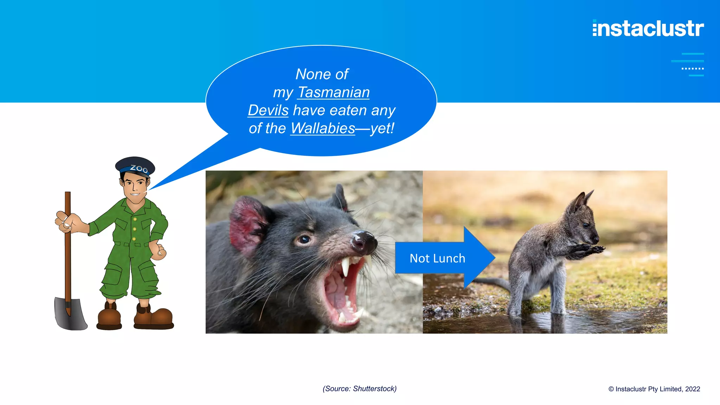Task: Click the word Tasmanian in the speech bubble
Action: [334, 92]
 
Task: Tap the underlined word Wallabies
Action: [323, 128]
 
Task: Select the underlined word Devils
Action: [268, 110]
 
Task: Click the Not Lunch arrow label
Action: [437, 258]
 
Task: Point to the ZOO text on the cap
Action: [139, 169]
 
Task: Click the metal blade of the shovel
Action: [70, 314]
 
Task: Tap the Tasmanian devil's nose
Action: [364, 242]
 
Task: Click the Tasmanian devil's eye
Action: [304, 240]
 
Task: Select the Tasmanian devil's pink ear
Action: [246, 225]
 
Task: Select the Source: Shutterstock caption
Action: [360, 389]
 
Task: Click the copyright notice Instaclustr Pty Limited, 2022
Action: [654, 389]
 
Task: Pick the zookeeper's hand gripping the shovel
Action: [67, 221]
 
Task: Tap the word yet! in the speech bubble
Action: [382, 128]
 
